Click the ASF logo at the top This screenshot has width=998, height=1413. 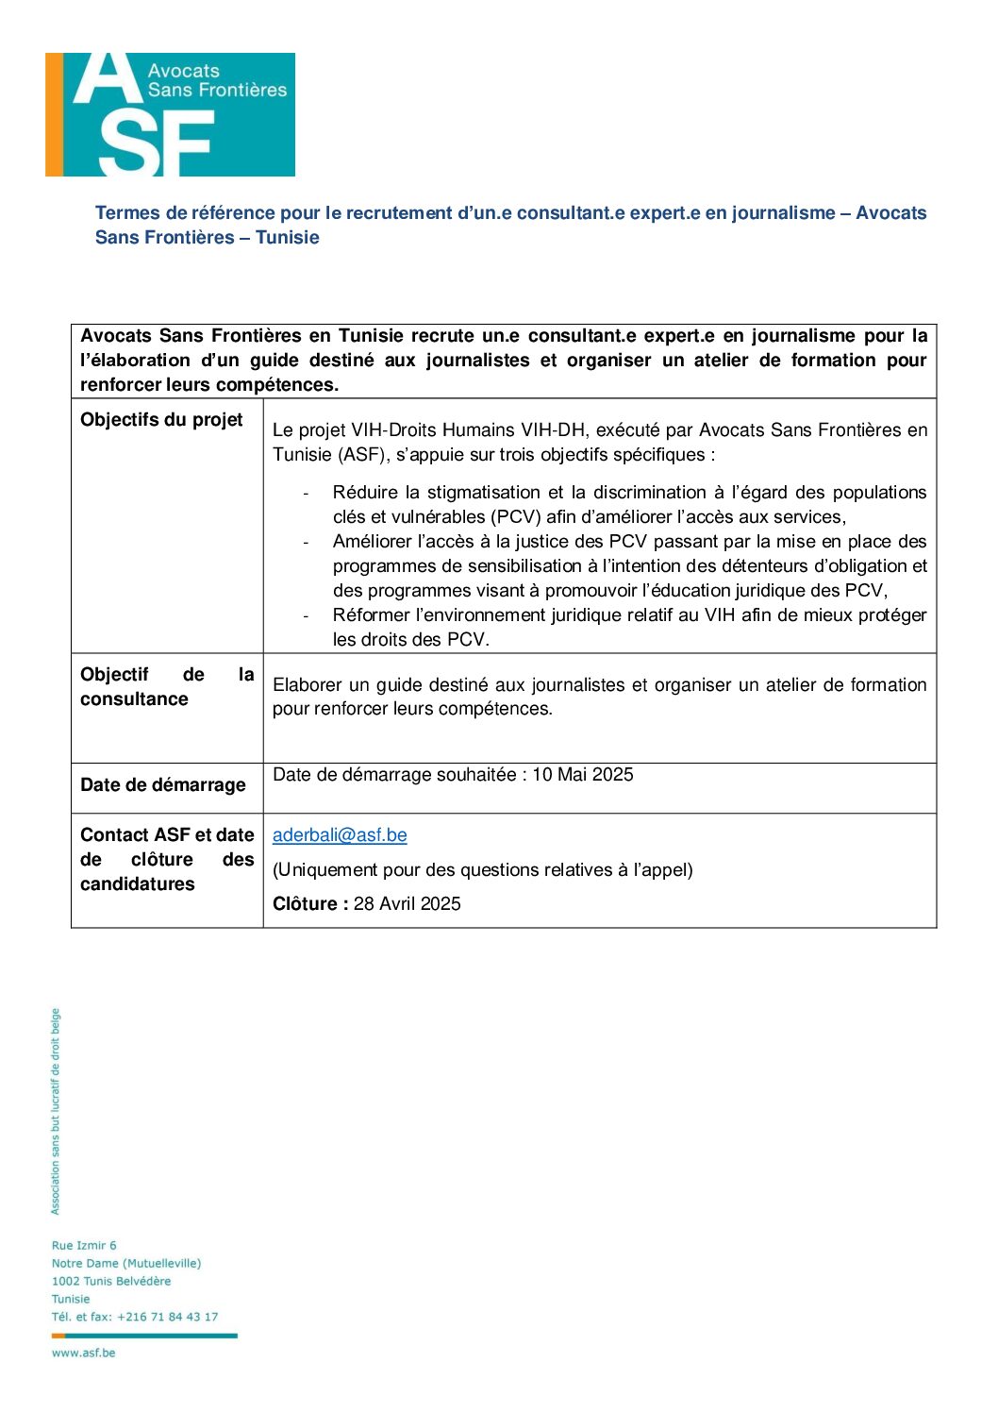coord(170,114)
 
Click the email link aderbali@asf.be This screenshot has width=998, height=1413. coord(340,835)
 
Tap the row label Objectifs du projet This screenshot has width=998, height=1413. coord(161,420)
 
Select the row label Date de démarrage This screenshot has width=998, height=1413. coord(162,785)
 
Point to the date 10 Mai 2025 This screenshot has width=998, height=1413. coord(583,775)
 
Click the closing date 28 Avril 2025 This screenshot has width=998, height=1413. coord(408,904)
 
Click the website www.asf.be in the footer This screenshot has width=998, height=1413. coord(83,1354)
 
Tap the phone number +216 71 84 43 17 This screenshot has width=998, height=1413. coord(168,1317)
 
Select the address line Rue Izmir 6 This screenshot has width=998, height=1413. coord(84,1246)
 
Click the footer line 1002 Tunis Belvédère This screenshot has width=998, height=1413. coord(111,1282)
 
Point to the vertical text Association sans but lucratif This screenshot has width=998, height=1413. coord(56,1112)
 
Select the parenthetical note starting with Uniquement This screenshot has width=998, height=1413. coord(482,870)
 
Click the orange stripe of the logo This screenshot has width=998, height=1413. coord(54,114)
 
